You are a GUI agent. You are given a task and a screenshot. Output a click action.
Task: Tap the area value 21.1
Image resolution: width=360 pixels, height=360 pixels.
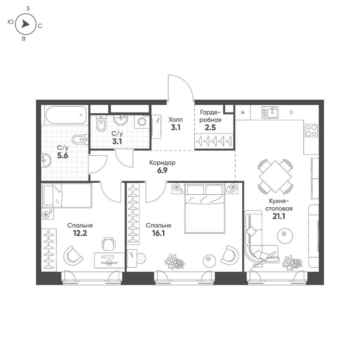coord(279,216)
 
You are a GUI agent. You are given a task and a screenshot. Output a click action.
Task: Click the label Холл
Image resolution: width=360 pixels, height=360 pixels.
coord(175,119)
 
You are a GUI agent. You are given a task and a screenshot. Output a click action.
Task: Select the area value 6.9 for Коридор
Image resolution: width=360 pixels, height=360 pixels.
coord(162,171)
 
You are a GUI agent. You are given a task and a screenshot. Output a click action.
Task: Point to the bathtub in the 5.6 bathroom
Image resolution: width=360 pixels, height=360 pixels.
coord(66,115)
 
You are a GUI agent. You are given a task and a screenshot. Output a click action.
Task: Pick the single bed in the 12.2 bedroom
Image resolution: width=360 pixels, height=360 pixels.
coord(67,196)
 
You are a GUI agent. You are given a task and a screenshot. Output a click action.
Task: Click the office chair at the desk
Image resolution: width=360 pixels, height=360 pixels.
coord(108,244)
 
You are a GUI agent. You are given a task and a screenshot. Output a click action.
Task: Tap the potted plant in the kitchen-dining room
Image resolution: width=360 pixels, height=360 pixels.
coord(292,263)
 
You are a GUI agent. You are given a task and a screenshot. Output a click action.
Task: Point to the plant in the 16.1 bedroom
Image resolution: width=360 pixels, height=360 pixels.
coord(175,261)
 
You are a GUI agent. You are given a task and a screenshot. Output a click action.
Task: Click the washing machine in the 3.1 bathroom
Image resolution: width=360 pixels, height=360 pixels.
coord(142,122)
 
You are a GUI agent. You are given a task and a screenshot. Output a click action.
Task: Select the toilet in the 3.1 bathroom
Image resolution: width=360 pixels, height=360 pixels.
coord(101,123)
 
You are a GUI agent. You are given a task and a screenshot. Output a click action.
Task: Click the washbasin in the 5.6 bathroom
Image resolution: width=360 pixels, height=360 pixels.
coord(47,160)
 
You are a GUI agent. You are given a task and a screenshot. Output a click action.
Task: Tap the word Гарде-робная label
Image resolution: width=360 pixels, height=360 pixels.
coord(210,116)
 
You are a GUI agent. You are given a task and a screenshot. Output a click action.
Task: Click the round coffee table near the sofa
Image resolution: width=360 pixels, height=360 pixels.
coord(284,235)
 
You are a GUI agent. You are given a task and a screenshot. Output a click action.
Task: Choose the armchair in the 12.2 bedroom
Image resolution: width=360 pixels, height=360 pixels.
coord(73,255)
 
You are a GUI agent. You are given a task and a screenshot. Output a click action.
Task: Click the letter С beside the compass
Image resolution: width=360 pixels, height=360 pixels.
coord(40,26)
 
